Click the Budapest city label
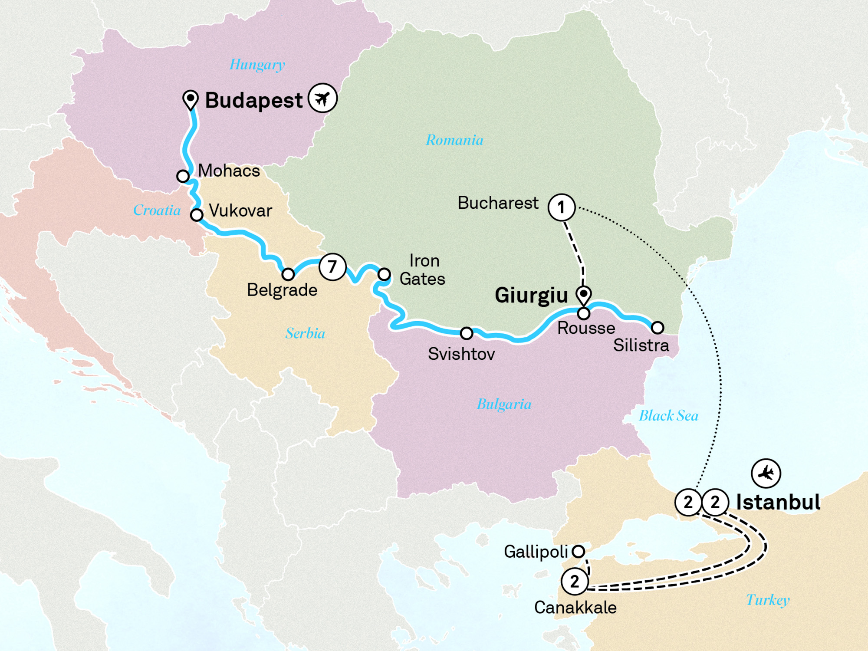click(x=253, y=101)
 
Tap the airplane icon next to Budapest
click(x=322, y=98)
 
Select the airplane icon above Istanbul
click(x=766, y=473)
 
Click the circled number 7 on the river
click(x=332, y=266)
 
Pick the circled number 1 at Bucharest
click(x=561, y=207)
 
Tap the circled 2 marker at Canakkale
click(x=575, y=581)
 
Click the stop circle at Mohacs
click(x=183, y=176)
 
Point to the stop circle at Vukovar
click(x=197, y=215)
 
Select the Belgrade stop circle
click(x=288, y=274)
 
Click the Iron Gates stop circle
click(x=384, y=274)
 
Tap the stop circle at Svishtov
click(x=467, y=333)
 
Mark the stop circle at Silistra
click(x=658, y=328)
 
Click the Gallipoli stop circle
click(x=578, y=552)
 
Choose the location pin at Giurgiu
click(x=583, y=295)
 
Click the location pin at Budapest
click(x=191, y=99)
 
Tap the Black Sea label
click(x=668, y=416)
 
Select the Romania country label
click(x=454, y=140)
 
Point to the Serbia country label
click(x=305, y=333)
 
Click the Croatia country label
click(x=157, y=210)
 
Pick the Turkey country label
click(x=768, y=600)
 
